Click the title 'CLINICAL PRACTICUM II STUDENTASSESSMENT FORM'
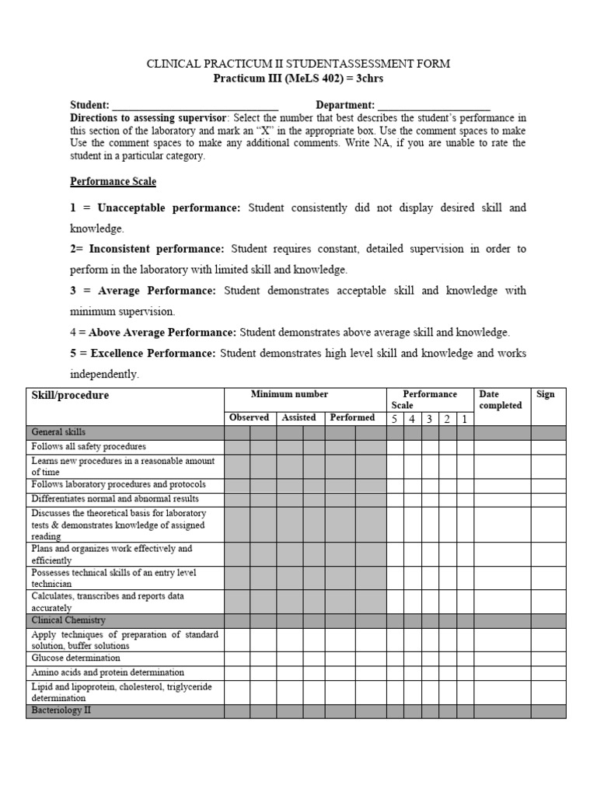298,64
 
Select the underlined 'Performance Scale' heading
113,181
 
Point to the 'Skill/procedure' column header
70,395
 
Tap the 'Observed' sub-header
249,417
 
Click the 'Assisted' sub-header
298,417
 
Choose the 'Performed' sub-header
352,417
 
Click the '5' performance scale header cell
394,418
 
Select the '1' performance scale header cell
464,418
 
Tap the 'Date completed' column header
501,400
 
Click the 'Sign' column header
545,394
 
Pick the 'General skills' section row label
58,432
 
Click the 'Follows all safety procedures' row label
89,447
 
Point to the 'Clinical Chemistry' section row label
68,620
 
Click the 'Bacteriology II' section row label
61,710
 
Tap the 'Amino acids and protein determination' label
107,672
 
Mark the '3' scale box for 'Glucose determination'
429,658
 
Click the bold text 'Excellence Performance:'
153,353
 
